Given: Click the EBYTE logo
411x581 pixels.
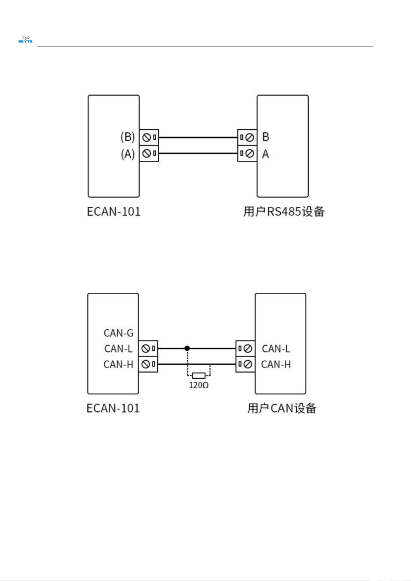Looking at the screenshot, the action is (25, 39).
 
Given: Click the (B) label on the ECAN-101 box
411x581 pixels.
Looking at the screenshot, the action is (128, 137).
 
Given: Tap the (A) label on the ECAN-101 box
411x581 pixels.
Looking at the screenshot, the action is (128, 154).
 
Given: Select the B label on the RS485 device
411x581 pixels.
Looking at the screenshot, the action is (265, 137).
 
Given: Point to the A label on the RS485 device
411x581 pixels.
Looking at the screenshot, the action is (265, 154).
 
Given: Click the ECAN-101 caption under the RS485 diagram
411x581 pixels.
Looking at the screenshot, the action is (113, 212).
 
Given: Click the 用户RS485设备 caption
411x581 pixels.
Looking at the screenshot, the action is (284, 211).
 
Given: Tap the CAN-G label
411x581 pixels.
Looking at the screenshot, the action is (119, 333).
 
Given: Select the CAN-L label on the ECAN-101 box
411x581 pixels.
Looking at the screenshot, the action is (119, 349).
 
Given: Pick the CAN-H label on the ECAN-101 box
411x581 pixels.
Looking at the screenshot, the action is (118, 364).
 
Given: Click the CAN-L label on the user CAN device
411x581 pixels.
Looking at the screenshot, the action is (276, 349).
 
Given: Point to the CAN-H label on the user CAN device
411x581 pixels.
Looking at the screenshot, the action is (276, 364).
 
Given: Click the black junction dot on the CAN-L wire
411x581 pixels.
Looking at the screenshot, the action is (187, 348).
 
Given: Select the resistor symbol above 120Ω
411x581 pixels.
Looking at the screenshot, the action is (199, 375).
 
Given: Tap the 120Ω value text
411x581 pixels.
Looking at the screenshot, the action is (199, 385).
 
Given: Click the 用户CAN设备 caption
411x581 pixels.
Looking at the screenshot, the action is (282, 408).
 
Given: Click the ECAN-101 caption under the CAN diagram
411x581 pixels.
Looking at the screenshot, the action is (113, 408).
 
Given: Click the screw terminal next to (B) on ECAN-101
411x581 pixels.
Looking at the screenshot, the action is (149, 138).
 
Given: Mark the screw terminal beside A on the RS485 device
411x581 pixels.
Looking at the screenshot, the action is (247, 153).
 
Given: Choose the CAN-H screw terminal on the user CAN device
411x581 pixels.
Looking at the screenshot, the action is (245, 364).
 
